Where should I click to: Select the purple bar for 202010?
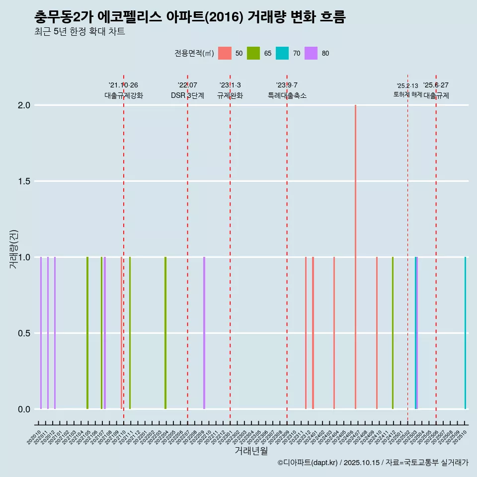[41, 333]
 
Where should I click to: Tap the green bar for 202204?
[165, 333]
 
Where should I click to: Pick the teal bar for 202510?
[465, 333]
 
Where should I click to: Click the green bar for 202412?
[393, 333]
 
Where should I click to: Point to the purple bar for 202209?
[204, 333]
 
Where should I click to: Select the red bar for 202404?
[334, 333]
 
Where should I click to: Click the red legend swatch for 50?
[225, 53]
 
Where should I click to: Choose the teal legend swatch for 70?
[282, 53]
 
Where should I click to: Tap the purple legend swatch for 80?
[311, 53]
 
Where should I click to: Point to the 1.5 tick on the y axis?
[24, 181]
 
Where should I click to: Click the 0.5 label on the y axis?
[24, 333]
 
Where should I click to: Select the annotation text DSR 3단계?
[187, 96]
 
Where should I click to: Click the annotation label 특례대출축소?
[287, 96]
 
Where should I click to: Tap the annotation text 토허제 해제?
[407, 94]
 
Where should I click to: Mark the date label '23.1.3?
[230, 85]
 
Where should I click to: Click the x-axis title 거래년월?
[251, 451]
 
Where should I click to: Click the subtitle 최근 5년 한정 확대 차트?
[79, 32]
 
